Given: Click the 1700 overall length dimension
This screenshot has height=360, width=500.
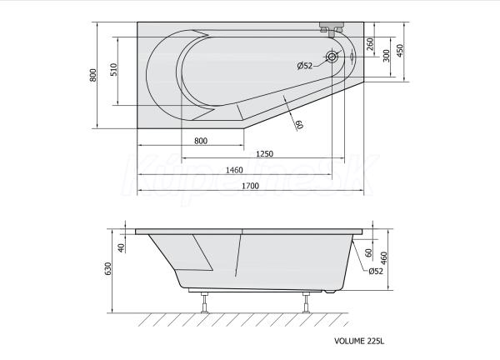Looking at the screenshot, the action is click(250, 186).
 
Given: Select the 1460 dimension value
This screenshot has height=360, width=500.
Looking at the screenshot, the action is click(234, 170).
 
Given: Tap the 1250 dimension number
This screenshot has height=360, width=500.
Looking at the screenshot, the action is click(265, 153).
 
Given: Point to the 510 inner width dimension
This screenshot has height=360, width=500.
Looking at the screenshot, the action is click(114, 69).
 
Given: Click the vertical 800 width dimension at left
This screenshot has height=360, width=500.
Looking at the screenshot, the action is click(92, 75).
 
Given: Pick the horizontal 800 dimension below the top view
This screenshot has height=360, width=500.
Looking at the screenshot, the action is click(201, 141).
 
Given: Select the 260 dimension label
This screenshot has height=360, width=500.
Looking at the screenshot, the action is click(370, 44).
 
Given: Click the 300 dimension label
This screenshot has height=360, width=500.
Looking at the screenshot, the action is click(386, 56).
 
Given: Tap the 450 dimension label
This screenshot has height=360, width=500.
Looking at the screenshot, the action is click(399, 51).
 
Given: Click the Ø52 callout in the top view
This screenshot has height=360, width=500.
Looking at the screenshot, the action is click(305, 66).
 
